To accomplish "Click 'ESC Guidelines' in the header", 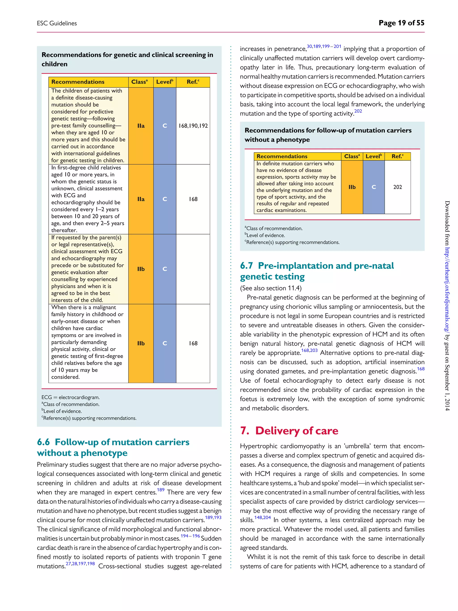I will click(x=57, y=23).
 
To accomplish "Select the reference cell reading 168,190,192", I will click(x=193, y=126).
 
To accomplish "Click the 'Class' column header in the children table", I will click(x=139, y=82).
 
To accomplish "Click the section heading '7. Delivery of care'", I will click(x=289, y=431).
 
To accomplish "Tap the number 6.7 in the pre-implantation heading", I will click(x=246, y=266).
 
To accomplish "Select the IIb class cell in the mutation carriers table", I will click(x=352, y=187).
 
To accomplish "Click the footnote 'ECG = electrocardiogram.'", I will click(x=71, y=397).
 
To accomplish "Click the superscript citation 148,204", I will click(x=262, y=517).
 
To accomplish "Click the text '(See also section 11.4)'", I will click(x=271, y=288).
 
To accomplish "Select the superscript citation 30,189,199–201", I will click(x=324, y=46).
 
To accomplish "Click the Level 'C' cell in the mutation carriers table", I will click(x=373, y=187).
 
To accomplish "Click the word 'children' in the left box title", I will click(x=54, y=64).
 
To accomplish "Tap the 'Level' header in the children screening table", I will click(x=165, y=82).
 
